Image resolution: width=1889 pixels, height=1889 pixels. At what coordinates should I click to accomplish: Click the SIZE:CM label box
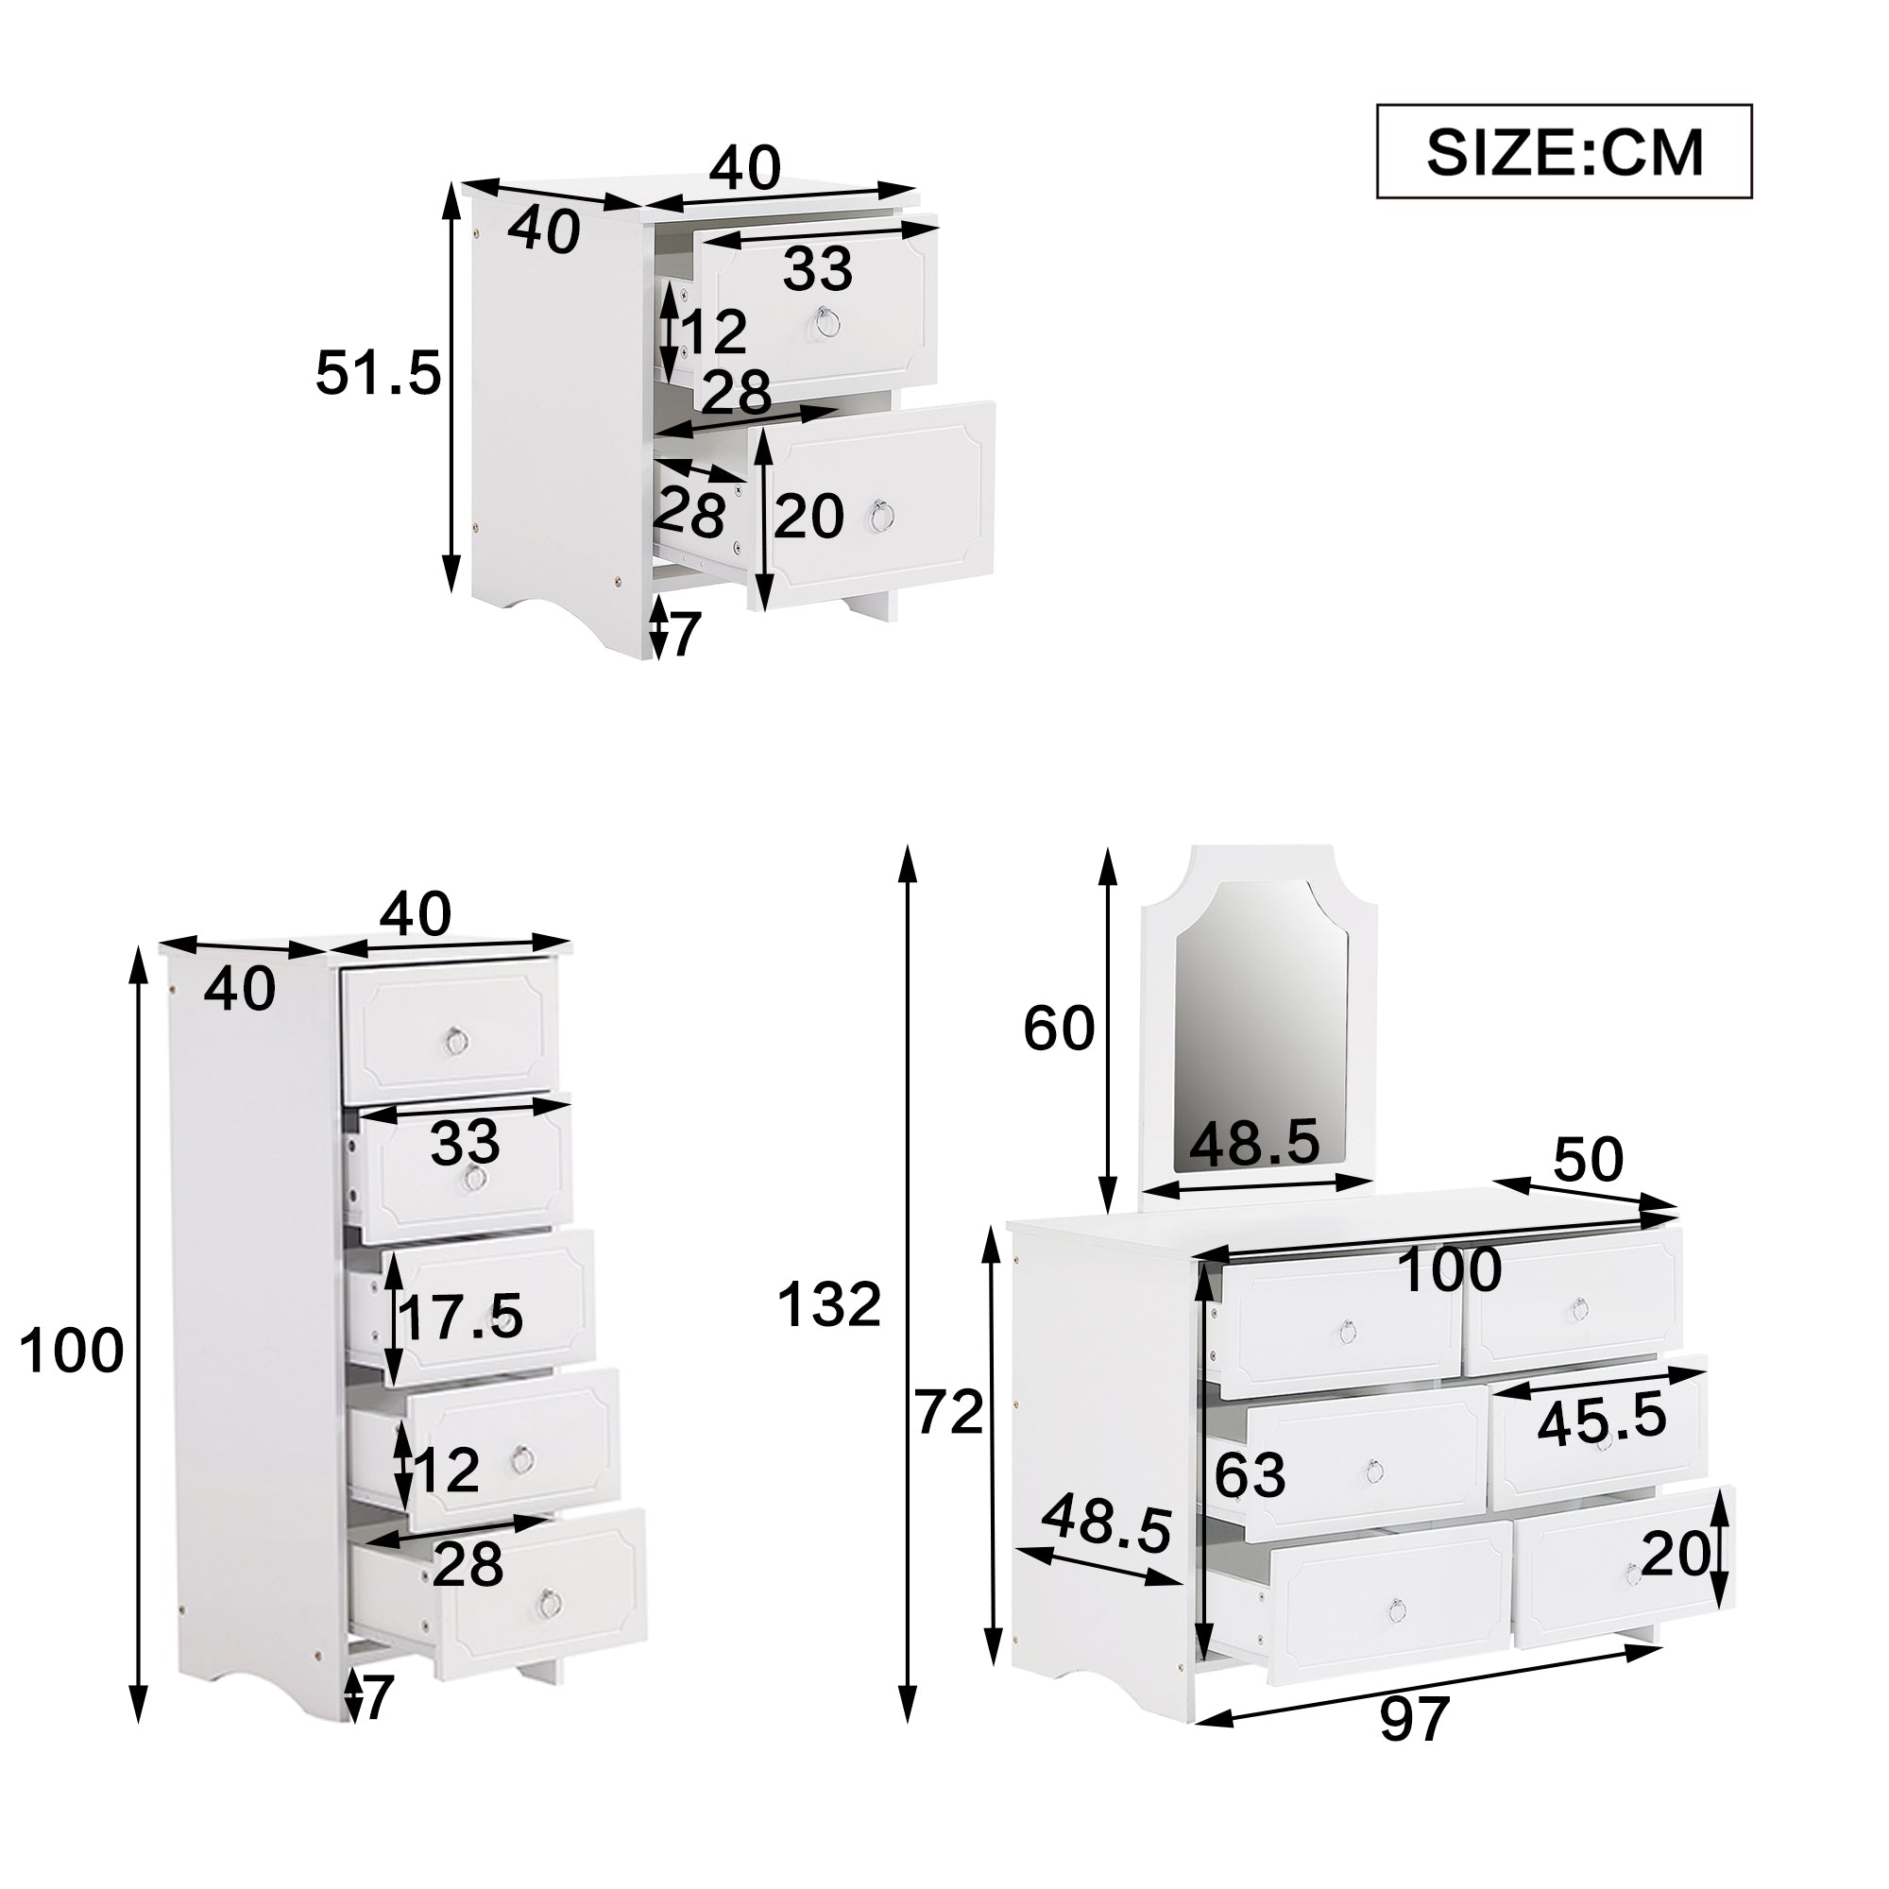[x=1563, y=151]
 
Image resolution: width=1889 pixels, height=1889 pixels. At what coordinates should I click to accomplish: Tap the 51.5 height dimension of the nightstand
[x=379, y=372]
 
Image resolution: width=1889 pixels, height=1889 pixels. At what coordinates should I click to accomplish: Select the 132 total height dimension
[x=829, y=1305]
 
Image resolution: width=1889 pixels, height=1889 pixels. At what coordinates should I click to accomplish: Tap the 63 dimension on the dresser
[x=1251, y=1474]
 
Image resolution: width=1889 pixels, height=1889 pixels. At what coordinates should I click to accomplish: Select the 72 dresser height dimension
[x=948, y=1413]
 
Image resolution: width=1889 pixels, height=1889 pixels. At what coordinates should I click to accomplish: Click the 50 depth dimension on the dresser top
[x=1588, y=1160]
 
